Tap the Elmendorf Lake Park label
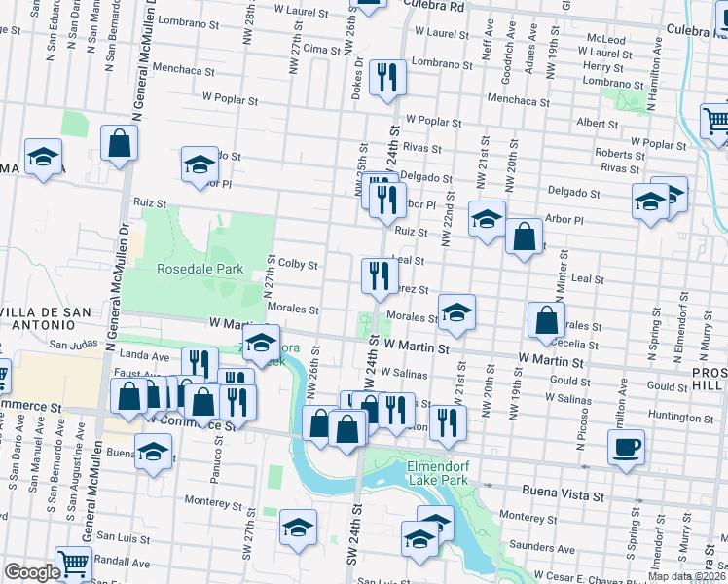click(x=424, y=472)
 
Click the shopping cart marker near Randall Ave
click(x=73, y=563)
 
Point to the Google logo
click(x=32, y=572)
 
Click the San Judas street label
click(x=73, y=345)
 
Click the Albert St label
click(x=591, y=124)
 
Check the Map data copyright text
click(x=686, y=576)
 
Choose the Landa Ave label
click(x=145, y=356)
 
